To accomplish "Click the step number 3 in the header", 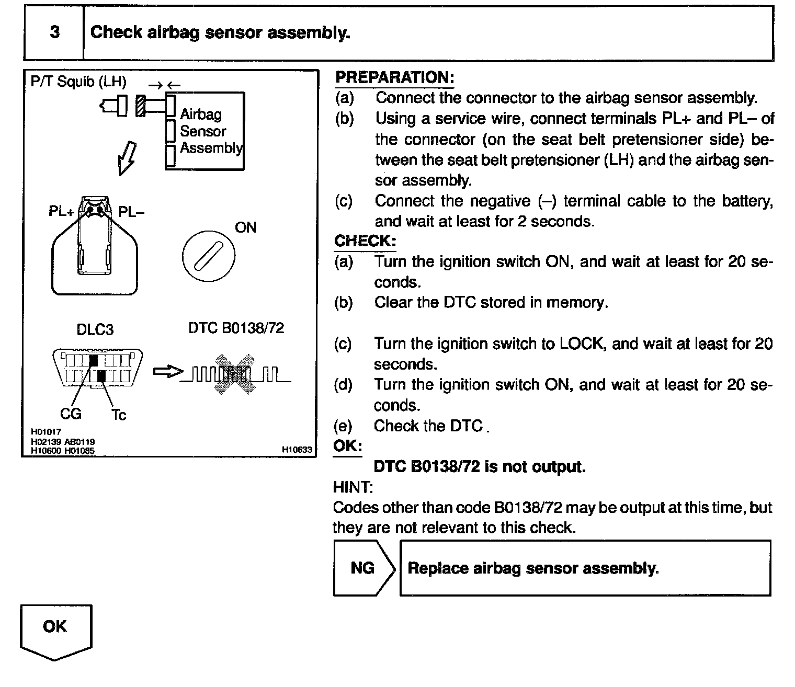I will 55,32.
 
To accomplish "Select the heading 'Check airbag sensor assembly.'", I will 220,32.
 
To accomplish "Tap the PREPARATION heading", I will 394,78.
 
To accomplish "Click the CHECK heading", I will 365,241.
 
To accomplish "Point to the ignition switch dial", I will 209,256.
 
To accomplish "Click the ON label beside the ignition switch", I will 245,227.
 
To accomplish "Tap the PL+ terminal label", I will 62,212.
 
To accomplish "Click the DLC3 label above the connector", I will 95,329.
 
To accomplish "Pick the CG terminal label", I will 71,414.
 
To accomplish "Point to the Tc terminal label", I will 119,415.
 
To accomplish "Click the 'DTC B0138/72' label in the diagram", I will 236,328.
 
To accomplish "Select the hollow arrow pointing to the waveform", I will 168,372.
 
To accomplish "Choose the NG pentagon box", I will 364,568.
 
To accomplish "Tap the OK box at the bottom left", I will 55,627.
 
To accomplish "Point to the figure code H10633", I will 297,449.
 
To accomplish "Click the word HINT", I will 353,487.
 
